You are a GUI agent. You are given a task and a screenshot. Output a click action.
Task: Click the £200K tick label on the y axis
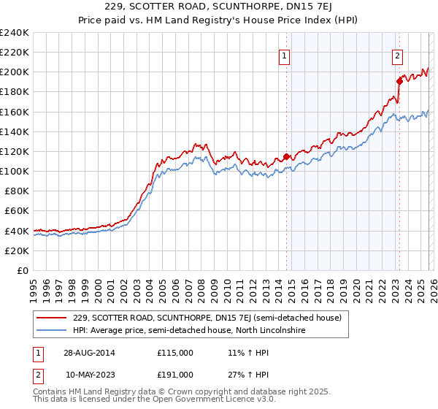tap(14, 72)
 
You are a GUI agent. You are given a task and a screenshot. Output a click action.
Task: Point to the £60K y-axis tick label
tap(16, 210)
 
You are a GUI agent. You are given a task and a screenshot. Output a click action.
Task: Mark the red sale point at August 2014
tap(286, 156)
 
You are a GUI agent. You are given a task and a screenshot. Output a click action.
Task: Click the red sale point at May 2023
tap(399, 81)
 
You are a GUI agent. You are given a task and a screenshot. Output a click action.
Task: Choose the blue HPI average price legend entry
tap(189, 331)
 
